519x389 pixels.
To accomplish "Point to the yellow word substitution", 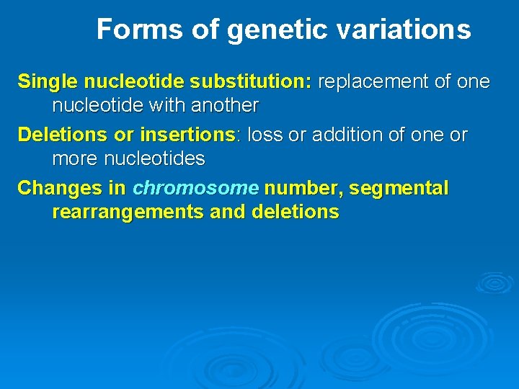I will coord(257,81).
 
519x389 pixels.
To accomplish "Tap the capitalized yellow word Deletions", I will coord(61,135).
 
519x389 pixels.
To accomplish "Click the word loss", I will coord(264,135).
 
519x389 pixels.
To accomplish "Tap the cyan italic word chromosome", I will coord(195,189).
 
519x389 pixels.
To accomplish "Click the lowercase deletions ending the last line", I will coord(295,213).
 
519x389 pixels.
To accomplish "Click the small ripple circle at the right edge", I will coord(494,282).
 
